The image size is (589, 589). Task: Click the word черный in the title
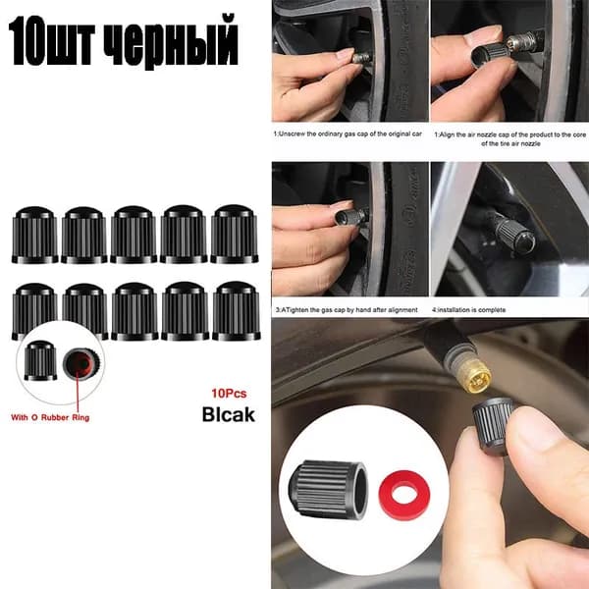(x=170, y=42)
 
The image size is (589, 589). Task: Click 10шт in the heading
(x=51, y=41)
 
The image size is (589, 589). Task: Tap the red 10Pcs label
(x=229, y=394)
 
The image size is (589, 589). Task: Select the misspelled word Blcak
(x=229, y=414)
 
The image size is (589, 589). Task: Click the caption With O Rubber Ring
(x=50, y=417)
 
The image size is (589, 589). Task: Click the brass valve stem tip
(x=475, y=376)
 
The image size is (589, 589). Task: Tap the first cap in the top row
(x=35, y=235)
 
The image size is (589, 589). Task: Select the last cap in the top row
(x=234, y=234)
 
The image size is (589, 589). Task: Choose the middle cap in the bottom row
(x=134, y=311)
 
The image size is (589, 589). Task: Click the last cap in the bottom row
(x=237, y=311)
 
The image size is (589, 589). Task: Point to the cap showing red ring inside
(x=81, y=363)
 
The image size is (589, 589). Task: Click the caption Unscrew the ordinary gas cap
(x=348, y=134)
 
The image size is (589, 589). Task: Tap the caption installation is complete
(x=468, y=310)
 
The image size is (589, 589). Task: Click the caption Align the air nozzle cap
(x=510, y=138)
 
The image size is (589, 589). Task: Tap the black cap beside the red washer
(x=328, y=489)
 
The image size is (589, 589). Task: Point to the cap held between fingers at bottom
(x=493, y=426)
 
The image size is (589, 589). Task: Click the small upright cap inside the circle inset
(x=40, y=360)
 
